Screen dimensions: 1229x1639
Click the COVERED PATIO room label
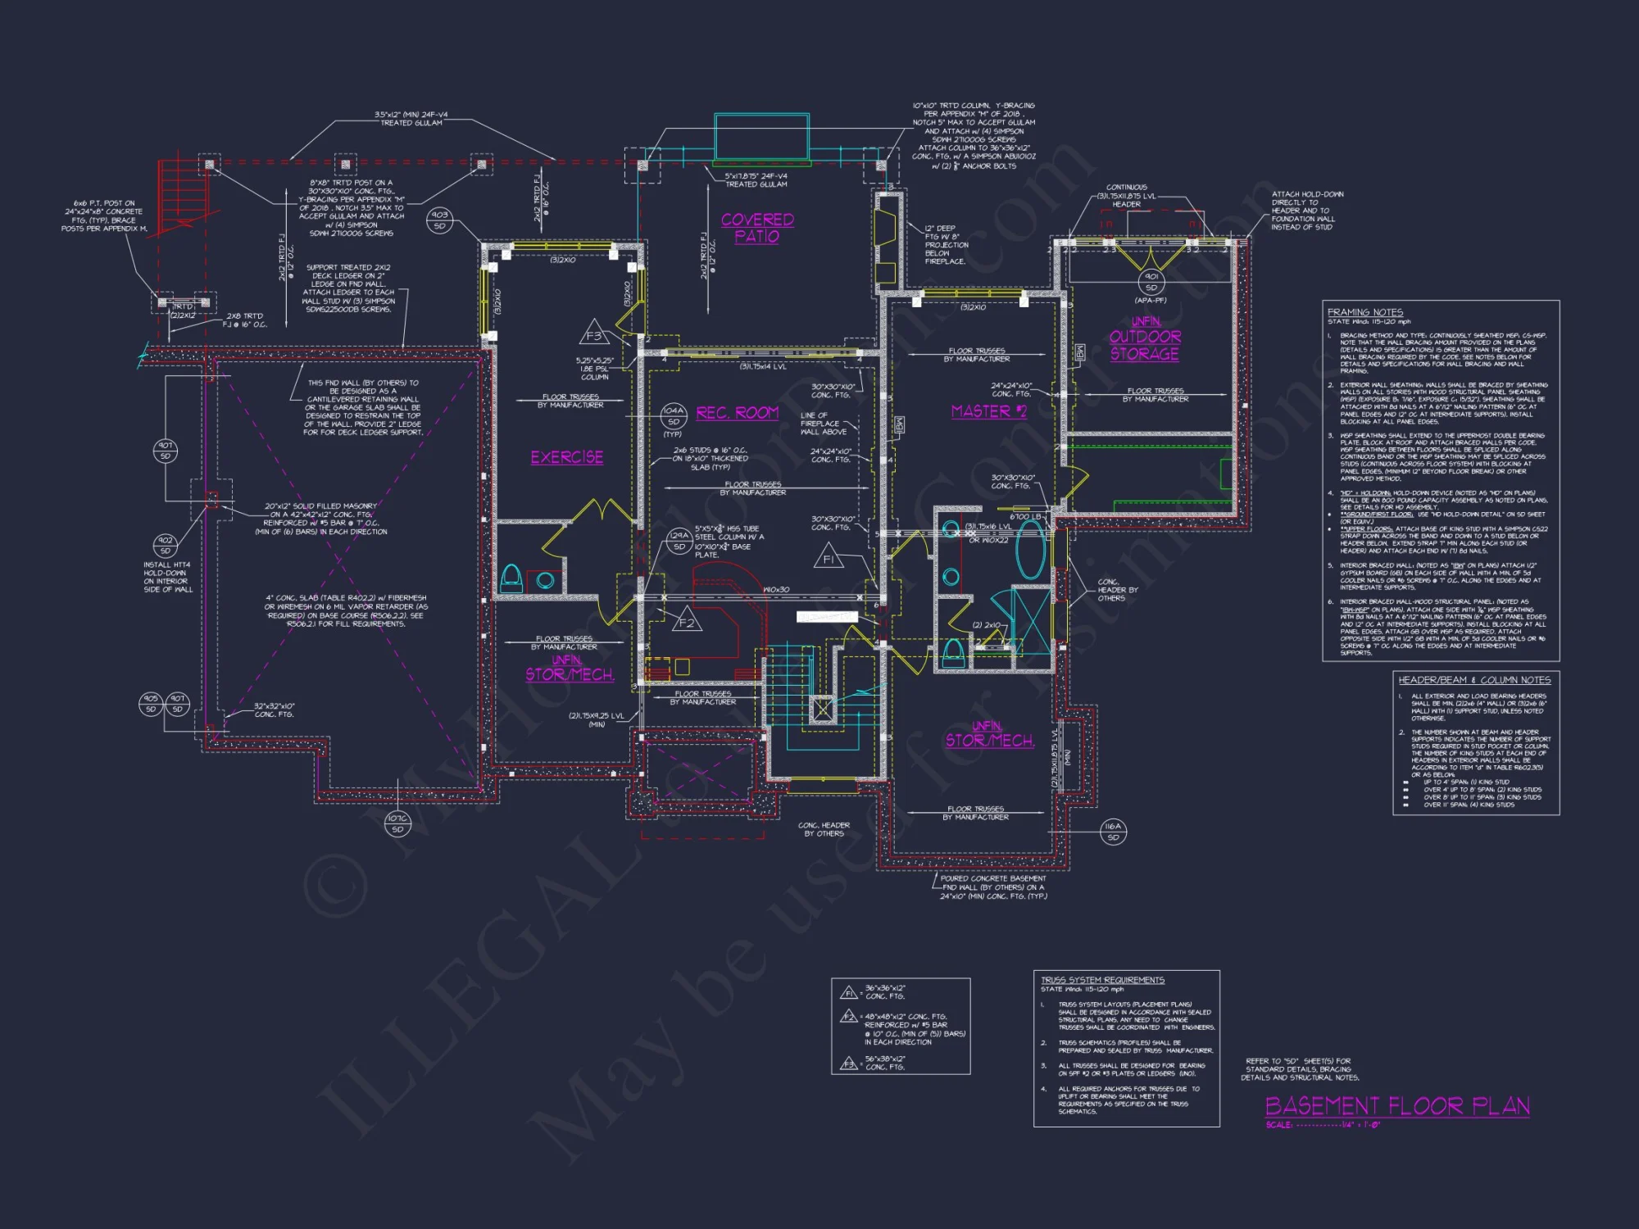757,229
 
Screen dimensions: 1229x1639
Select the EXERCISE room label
566,457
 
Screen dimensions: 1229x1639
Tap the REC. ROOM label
737,413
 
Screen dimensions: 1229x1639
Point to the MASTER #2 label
988,411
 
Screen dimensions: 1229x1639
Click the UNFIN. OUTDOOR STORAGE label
1145,338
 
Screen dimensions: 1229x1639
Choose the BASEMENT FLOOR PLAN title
1397,1106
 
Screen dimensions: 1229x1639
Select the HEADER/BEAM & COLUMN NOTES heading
1473,680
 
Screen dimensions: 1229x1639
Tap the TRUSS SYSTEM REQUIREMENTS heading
1101,980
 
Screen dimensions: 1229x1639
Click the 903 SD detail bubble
440,220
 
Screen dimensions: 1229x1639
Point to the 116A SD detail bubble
1113,832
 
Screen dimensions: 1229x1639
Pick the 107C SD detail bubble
397,823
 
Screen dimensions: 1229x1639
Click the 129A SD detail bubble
679,541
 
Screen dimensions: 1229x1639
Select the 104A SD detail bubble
674,415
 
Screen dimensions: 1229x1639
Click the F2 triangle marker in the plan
687,623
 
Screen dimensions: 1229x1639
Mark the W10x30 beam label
775,589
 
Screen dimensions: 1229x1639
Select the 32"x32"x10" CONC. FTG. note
274,710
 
